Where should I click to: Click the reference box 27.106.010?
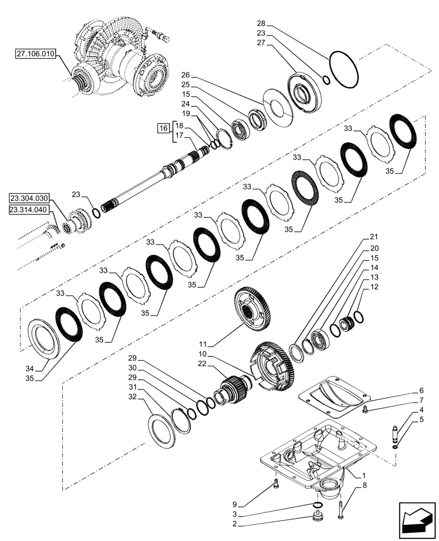tap(36, 55)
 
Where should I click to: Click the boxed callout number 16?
tap(162, 128)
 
